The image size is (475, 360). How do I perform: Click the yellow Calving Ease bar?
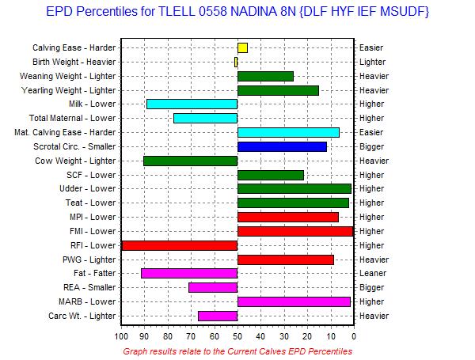[242, 47]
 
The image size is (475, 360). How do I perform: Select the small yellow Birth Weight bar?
[236, 62]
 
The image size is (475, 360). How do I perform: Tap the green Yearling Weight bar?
[278, 90]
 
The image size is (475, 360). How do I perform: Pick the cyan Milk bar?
[192, 104]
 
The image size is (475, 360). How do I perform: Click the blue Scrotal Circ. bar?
[282, 146]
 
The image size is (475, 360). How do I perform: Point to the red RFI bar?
[180, 245]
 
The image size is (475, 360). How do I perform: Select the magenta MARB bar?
[294, 301]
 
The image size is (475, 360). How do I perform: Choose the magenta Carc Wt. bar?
[218, 316]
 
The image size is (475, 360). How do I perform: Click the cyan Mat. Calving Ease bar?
[288, 132]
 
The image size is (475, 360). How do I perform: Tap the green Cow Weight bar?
[191, 161]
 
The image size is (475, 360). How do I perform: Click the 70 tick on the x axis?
[191, 336]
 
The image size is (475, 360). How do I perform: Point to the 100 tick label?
[121, 336]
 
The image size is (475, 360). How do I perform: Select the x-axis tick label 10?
[331, 336]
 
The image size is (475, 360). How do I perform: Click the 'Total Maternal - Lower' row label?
[72, 118]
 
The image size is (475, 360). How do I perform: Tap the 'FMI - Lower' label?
[93, 231]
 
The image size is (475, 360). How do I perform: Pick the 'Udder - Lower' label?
[88, 188]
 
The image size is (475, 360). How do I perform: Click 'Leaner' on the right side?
[373, 274]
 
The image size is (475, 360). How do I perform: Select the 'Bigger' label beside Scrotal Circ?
[372, 146]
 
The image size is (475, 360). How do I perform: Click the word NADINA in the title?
[253, 12]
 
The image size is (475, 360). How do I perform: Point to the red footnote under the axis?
[237, 351]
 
